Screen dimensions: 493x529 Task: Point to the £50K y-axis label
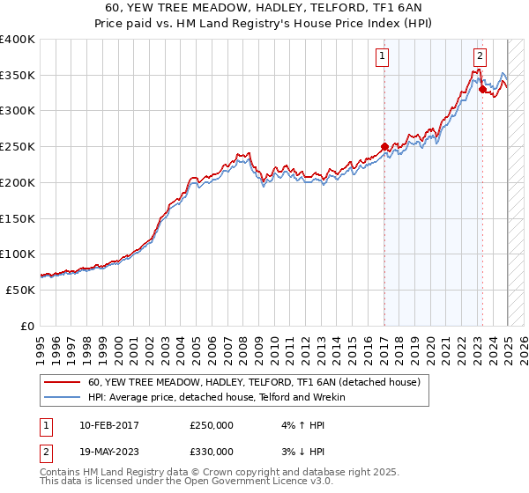(20, 289)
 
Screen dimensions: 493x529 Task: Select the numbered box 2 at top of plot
(480, 55)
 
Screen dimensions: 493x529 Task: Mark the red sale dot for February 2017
(384, 146)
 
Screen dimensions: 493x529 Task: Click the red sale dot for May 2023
(482, 89)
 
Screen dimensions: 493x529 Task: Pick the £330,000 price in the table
(212, 451)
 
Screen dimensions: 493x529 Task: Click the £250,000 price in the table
(212, 424)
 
